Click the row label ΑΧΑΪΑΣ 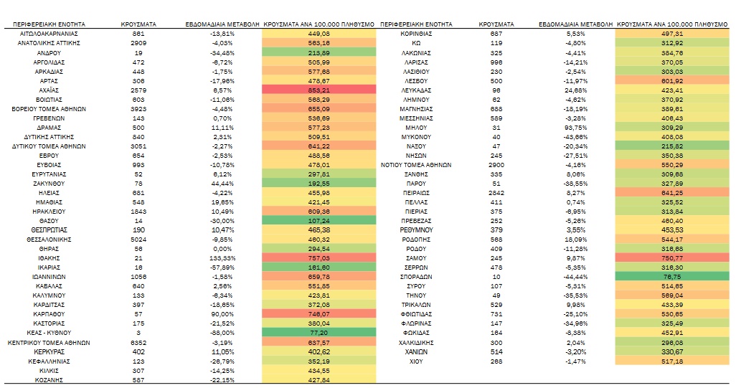(x=49, y=90)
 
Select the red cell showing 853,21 (x=319, y=90)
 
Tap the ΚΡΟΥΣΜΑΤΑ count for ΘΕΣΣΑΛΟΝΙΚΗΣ (x=138, y=240)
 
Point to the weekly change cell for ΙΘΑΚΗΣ (x=222, y=258)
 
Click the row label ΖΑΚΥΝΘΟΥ (x=49, y=184)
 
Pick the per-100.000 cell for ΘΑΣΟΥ (x=319, y=221)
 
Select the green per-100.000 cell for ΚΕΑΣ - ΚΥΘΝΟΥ (x=319, y=333)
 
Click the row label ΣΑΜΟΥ (x=416, y=258)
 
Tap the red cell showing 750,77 (x=672, y=258)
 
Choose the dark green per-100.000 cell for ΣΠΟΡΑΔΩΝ (x=672, y=277)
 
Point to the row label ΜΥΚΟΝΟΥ (x=416, y=137)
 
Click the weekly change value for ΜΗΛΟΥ (x=575, y=128)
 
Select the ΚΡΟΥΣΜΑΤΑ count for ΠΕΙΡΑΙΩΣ (x=496, y=193)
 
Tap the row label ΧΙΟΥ (x=416, y=361)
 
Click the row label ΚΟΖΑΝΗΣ (x=49, y=380)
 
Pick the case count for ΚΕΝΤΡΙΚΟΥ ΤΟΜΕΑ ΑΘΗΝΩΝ (x=138, y=343)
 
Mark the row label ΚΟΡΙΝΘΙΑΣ (x=416, y=34)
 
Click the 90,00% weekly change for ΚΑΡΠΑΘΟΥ (x=222, y=314)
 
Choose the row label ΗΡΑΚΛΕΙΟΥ (x=49, y=212)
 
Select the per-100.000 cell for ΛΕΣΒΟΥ (x=672, y=81)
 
